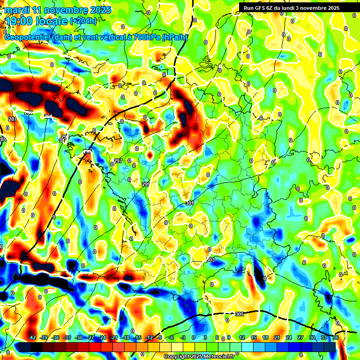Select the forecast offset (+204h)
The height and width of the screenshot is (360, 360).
point(83,21)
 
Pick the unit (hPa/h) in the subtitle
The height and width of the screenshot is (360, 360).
point(174,37)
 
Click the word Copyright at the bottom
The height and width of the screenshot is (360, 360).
point(177,356)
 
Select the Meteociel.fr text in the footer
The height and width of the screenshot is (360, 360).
point(219,356)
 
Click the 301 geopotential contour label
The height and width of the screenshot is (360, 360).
point(190,203)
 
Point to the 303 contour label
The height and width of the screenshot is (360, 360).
point(210,259)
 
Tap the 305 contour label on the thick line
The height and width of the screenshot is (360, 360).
point(239,314)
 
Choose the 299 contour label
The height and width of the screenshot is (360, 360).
point(146,184)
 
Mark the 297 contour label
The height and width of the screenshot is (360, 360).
point(118,161)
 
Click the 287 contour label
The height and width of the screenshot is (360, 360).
point(13,120)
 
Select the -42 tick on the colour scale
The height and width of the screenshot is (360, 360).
point(32,337)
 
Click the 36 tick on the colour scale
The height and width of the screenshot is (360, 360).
point(335,337)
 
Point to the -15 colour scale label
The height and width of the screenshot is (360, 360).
point(137,337)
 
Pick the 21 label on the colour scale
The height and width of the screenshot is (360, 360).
point(277,337)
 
